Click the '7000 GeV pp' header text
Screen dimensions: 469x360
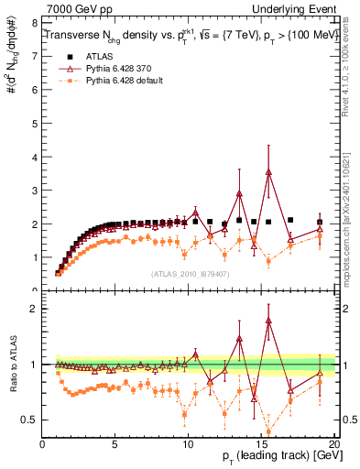click(x=75, y=8)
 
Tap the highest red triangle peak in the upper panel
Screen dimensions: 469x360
click(x=268, y=172)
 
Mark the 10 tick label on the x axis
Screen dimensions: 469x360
click(x=189, y=444)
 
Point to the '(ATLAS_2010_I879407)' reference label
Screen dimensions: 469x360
click(x=189, y=273)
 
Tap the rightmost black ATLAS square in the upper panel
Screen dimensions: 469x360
click(x=319, y=222)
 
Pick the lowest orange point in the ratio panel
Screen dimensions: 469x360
click(x=268, y=432)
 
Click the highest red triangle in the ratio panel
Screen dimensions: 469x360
click(x=268, y=321)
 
